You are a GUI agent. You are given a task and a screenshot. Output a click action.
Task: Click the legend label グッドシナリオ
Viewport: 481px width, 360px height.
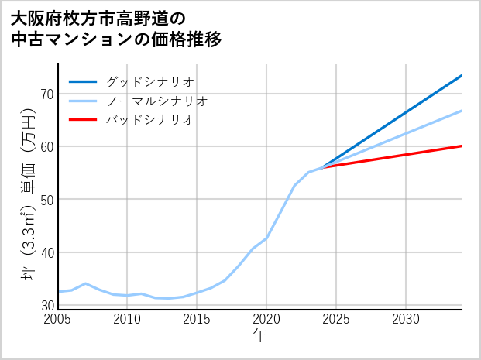(x=149, y=81)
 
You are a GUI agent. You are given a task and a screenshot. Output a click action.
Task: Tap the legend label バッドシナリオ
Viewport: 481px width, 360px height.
(x=149, y=120)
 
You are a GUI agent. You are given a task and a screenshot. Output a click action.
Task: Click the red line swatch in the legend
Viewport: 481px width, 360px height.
(x=83, y=120)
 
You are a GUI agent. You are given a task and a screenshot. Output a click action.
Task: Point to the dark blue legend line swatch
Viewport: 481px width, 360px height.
(x=83, y=81)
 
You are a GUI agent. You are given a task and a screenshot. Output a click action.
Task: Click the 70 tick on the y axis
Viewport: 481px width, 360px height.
(x=46, y=94)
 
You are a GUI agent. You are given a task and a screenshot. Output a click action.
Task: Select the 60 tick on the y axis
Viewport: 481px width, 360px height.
(x=46, y=146)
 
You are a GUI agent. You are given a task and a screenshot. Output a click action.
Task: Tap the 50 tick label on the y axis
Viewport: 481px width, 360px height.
(x=46, y=200)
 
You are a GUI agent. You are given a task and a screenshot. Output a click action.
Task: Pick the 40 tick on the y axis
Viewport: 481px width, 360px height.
(x=46, y=252)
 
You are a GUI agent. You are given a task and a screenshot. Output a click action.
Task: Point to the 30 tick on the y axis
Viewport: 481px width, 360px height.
(x=46, y=305)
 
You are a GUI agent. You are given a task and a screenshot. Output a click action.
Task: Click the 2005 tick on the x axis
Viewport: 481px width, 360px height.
(x=58, y=319)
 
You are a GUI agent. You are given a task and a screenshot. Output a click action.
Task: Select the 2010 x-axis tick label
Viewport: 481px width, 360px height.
(x=128, y=319)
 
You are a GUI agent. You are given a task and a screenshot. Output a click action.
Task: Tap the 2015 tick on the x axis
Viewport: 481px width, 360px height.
(x=197, y=319)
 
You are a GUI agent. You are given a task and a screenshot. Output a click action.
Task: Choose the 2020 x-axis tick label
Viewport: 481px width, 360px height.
(x=266, y=319)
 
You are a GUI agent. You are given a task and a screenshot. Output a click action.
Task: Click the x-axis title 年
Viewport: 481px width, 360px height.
(x=260, y=337)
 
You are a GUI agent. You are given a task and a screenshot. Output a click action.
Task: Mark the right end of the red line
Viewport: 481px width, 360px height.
(x=462, y=146)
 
